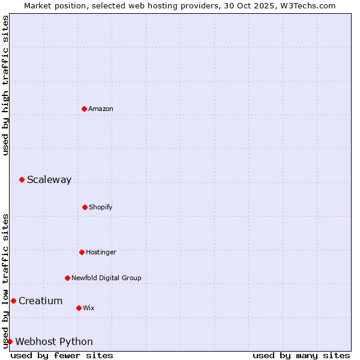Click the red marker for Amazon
click(x=84, y=109)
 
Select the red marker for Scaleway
click(x=22, y=179)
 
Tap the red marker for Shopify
click(x=85, y=207)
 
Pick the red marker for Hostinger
click(x=82, y=252)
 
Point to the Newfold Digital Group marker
click(x=67, y=278)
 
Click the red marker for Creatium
click(x=13, y=301)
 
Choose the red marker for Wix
click(x=79, y=308)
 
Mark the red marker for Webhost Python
click(x=10, y=341)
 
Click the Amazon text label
click(x=101, y=109)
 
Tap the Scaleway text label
click(x=49, y=179)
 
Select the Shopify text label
click(x=101, y=207)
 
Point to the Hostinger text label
click(x=101, y=252)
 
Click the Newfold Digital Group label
click(x=106, y=278)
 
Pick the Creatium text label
click(x=40, y=301)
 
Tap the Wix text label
click(x=89, y=308)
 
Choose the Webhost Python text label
click(x=54, y=341)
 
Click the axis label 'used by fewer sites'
click(x=62, y=355)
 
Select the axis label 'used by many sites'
click(x=301, y=355)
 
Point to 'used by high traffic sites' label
click(x=5, y=85)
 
